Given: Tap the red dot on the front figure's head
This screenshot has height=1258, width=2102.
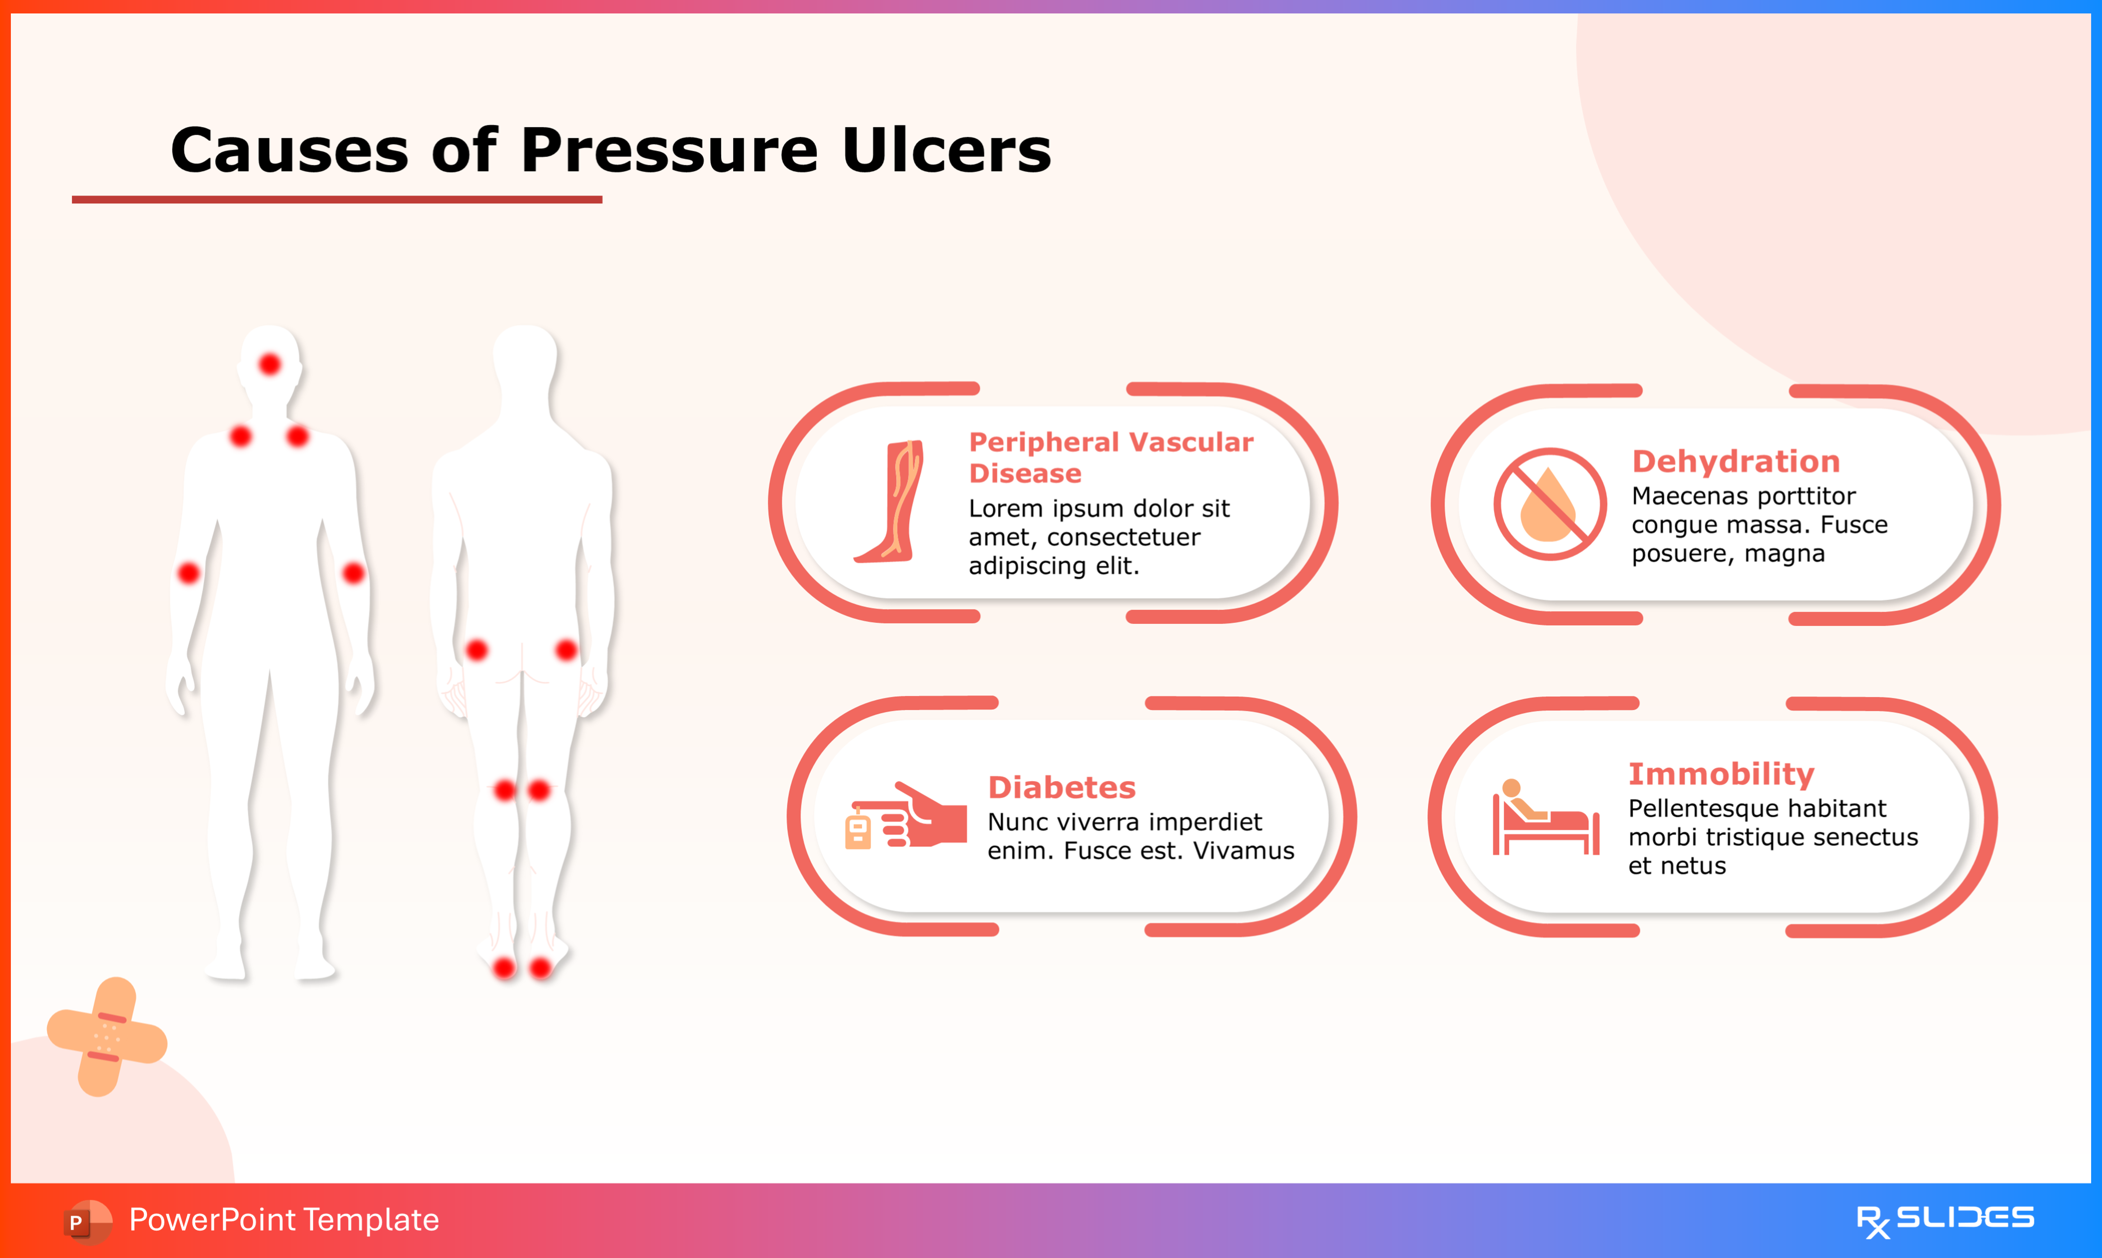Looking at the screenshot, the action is coord(270,365).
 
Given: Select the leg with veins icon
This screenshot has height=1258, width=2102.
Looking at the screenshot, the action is coord(889,501).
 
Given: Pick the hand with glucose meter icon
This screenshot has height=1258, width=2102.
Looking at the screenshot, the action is coord(905,816).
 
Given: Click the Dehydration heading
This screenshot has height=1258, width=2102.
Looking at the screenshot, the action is coord(1736,461).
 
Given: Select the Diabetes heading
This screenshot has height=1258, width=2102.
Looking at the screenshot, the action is coord(1061,787).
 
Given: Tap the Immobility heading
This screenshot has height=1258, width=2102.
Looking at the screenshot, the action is coord(1721,774).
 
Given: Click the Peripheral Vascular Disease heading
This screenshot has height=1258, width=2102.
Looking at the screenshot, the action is coord(1110,457).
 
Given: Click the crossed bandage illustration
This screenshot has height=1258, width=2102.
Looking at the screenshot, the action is coord(107,1037).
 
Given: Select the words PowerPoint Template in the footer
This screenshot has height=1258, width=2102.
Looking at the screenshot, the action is coord(284,1220).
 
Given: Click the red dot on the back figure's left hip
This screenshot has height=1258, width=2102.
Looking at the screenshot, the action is coord(477,650).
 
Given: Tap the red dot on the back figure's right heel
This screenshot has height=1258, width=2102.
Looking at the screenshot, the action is coord(540,968).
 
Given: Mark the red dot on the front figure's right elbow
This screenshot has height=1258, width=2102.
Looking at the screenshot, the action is coord(189,573).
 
